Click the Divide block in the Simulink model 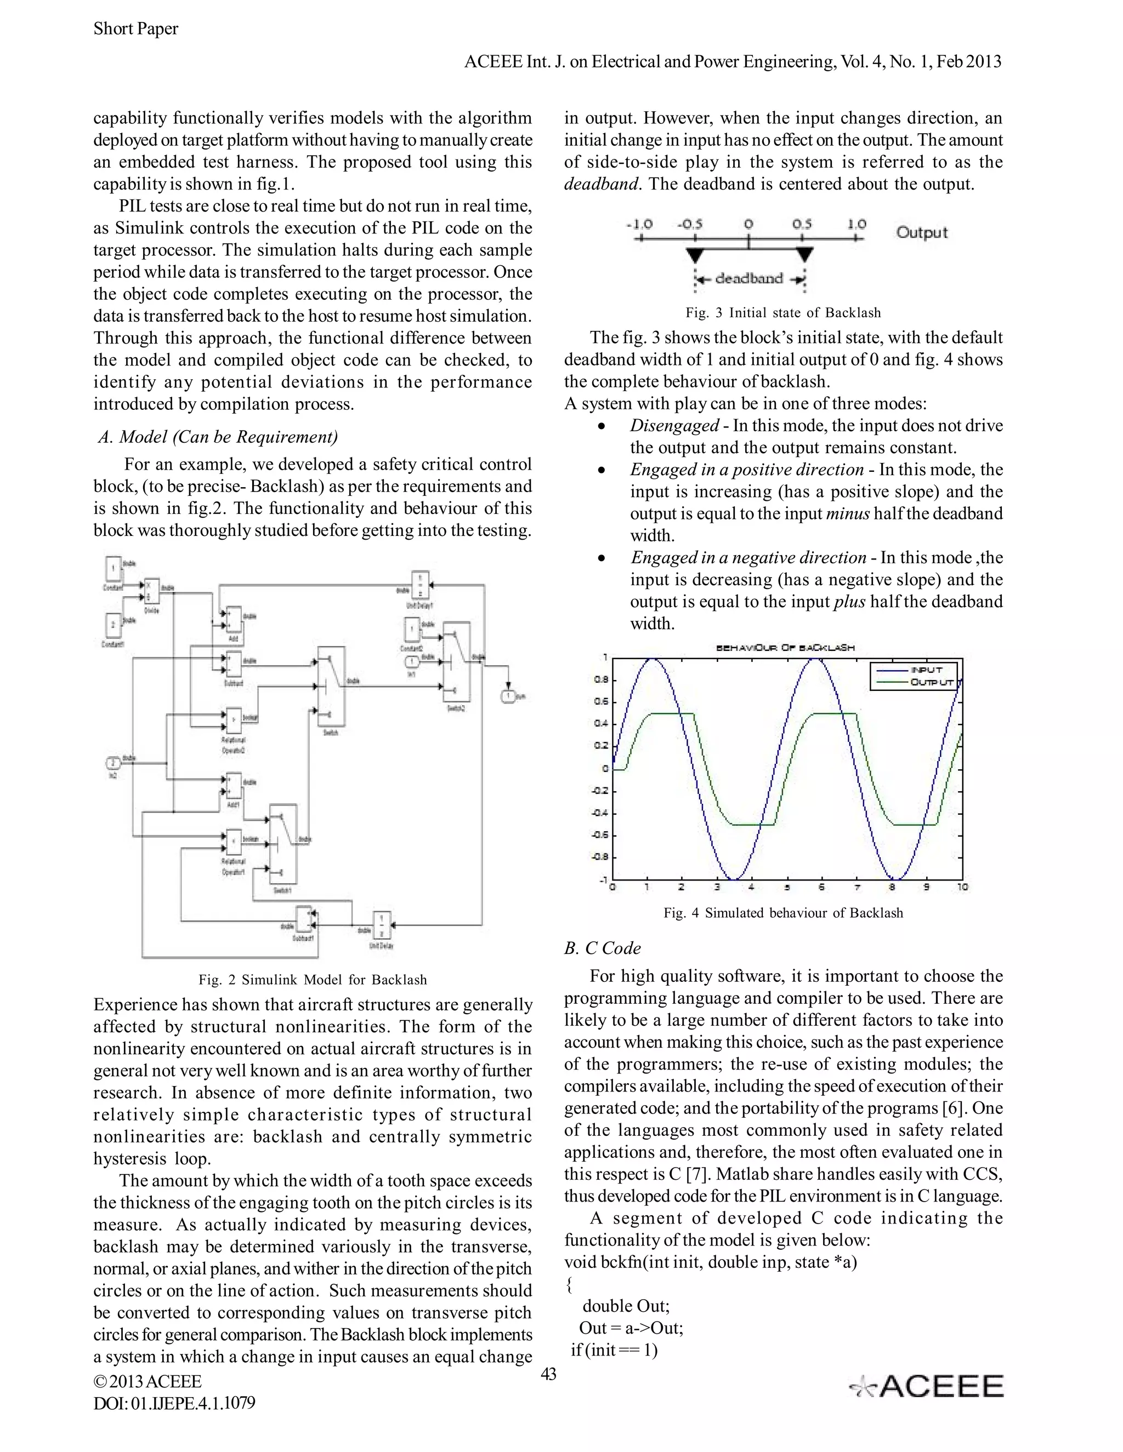[152, 590]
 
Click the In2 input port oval [113, 762]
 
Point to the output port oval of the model [508, 696]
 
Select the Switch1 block [283, 843]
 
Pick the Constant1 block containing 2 [113, 625]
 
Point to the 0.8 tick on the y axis [599, 679]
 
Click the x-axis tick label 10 [962, 888]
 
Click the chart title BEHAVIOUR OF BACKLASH [785, 647]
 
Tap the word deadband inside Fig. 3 [749, 278]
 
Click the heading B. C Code [602, 948]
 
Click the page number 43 [548, 1374]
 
